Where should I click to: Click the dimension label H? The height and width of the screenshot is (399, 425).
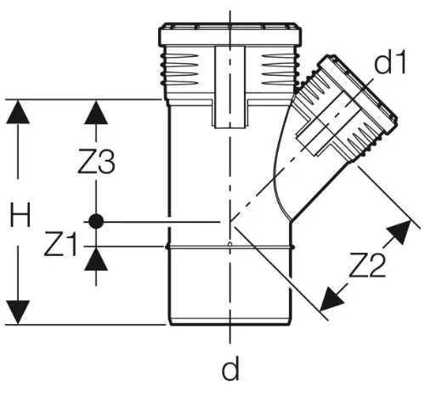coord(20,215)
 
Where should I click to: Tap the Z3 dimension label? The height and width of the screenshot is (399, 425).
coord(97,162)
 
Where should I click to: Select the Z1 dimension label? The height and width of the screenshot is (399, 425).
coord(60,244)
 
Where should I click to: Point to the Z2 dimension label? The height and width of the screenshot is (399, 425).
coord(367,265)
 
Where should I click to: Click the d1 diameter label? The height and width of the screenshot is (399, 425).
coord(390,62)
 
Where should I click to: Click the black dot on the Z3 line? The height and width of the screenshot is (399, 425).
coord(96,221)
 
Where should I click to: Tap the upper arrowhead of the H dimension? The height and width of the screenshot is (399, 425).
coord(18,111)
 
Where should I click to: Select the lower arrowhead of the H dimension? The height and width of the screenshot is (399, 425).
coord(18,312)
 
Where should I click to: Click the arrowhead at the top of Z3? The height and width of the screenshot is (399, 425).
coord(96,112)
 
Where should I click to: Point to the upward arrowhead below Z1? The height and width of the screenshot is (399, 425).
coord(96,259)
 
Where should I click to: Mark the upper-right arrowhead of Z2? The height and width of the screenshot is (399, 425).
coord(399,232)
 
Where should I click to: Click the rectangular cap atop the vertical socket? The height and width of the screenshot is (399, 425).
coord(230,34)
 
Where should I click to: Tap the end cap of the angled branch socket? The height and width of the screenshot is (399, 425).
coord(359,90)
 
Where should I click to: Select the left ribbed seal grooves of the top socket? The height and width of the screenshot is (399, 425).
coord(179,70)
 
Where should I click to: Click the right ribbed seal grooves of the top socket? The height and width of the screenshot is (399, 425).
coord(280,70)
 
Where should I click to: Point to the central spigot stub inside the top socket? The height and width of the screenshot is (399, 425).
coord(229,87)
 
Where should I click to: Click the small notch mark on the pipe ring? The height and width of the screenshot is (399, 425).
coord(230,244)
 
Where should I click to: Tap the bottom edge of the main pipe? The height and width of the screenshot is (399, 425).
coord(230,323)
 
